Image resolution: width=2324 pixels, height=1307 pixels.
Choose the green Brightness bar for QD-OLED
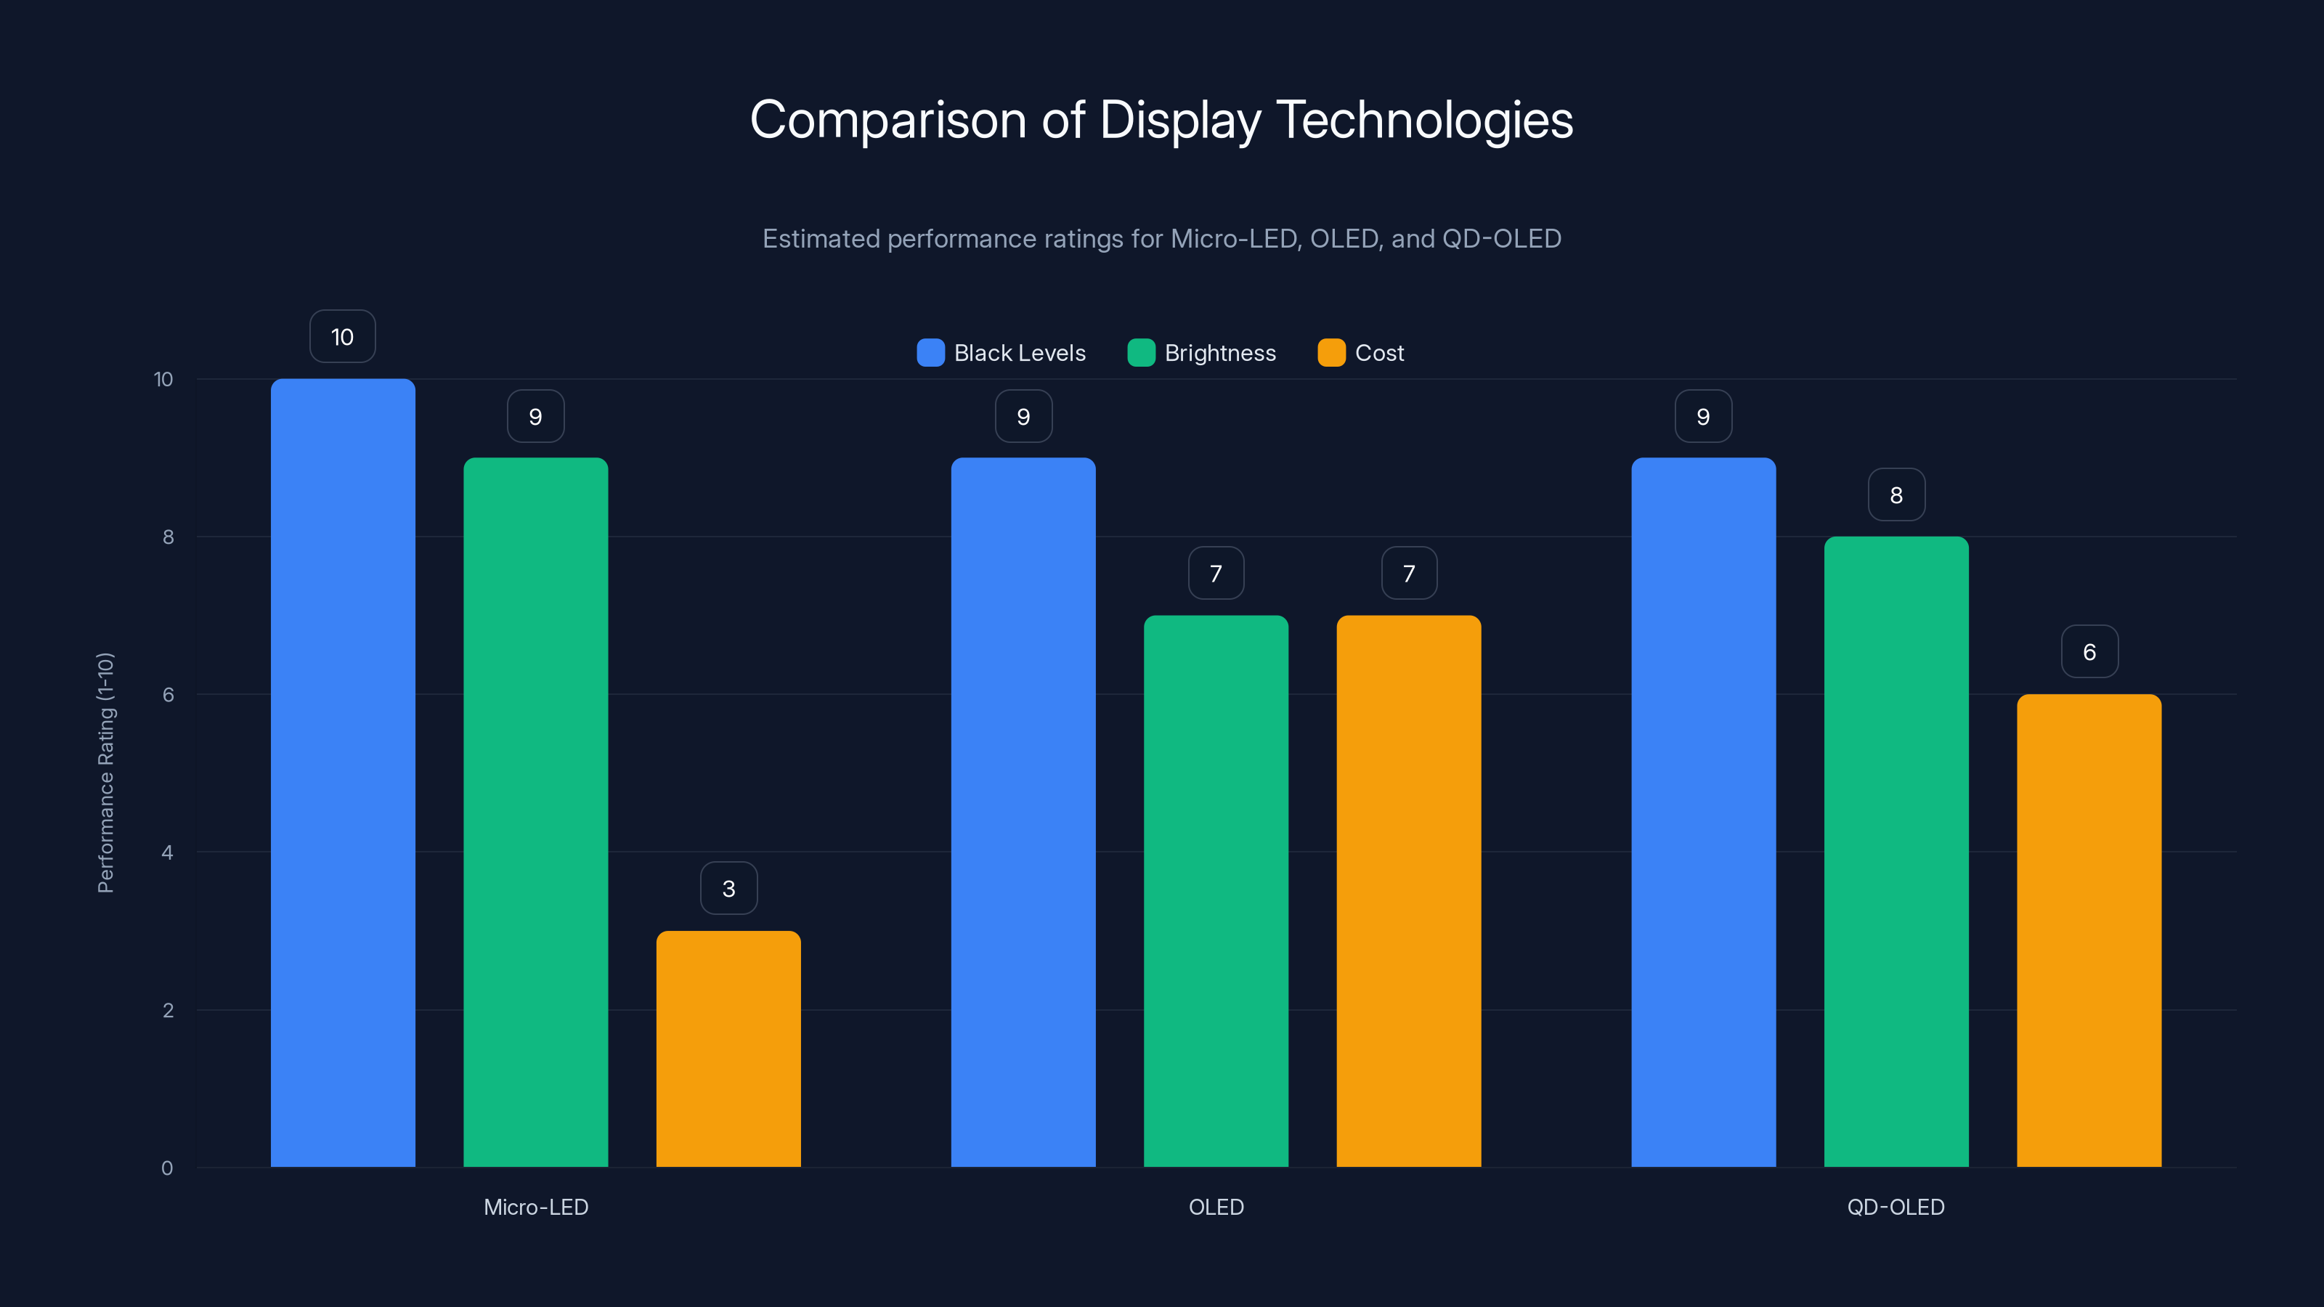(x=1896, y=852)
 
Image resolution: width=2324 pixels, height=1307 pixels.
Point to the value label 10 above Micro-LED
(x=343, y=336)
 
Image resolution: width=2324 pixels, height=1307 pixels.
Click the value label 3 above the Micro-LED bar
(x=728, y=889)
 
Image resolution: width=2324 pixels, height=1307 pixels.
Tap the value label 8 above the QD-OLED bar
(x=1896, y=494)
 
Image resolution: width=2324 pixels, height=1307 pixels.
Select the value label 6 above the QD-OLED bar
(x=2089, y=651)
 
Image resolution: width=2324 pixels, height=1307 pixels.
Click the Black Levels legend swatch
(x=930, y=353)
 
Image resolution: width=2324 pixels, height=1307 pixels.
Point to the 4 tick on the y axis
(x=167, y=852)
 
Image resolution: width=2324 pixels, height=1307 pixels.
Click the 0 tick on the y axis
(x=167, y=1168)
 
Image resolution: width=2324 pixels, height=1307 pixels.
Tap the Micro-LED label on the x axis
(x=536, y=1207)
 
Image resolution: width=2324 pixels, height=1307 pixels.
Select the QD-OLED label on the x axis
(x=1896, y=1207)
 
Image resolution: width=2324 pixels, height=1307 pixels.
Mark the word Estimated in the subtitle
(x=820, y=238)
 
